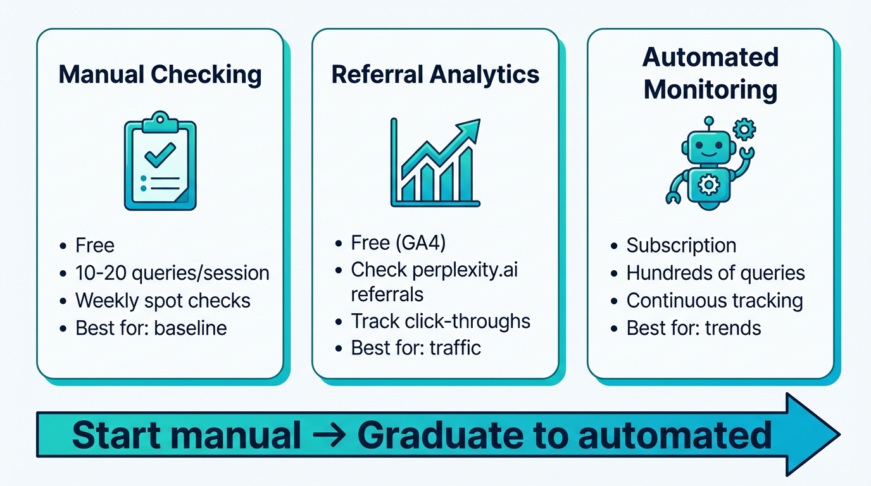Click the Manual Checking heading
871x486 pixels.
pyautogui.click(x=160, y=75)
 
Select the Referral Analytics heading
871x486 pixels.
pyautogui.click(x=435, y=75)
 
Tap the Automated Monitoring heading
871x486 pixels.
pyautogui.click(x=710, y=73)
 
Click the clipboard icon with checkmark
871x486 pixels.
pyautogui.click(x=160, y=162)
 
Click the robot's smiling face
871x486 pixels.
pyautogui.click(x=708, y=149)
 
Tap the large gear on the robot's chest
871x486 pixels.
pyautogui.click(x=708, y=185)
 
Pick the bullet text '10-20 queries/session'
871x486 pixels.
pyautogui.click(x=172, y=273)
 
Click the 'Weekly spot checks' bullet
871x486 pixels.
pyautogui.click(x=163, y=301)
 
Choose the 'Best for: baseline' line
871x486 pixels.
pyautogui.click(x=151, y=328)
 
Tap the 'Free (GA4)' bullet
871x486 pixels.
pyautogui.click(x=403, y=242)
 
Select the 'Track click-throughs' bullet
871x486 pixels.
pyautogui.click(x=441, y=321)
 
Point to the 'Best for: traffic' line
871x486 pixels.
pyautogui.click(x=416, y=348)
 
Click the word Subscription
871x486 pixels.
pyautogui.click(x=681, y=246)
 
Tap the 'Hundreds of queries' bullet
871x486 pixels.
pyautogui.click(x=715, y=273)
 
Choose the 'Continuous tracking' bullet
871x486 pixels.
pyautogui.click(x=715, y=301)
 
